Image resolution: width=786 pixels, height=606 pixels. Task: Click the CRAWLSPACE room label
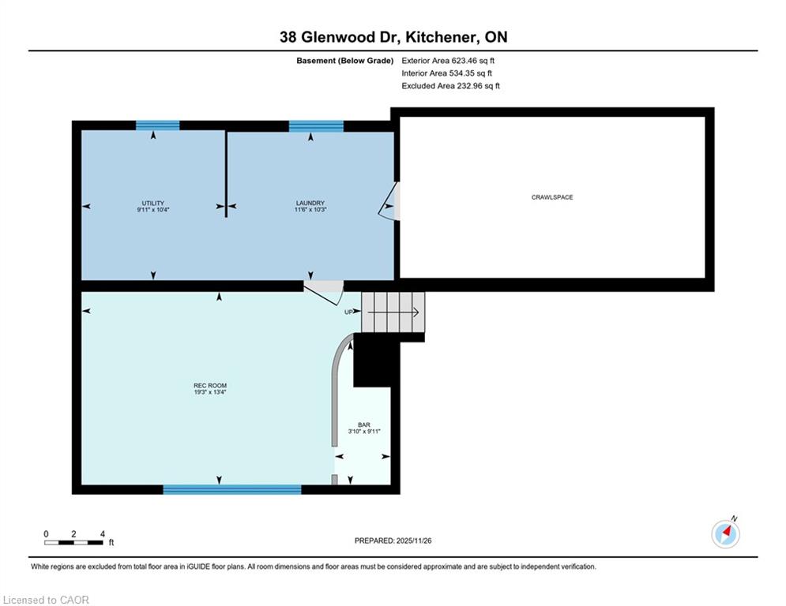(x=552, y=197)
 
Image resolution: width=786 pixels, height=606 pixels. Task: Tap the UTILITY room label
(x=153, y=204)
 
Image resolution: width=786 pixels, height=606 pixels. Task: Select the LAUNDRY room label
(x=310, y=204)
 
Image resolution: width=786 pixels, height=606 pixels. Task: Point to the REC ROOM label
(x=210, y=386)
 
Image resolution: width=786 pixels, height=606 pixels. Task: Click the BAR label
(x=364, y=425)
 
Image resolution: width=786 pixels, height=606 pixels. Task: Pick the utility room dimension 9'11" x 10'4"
(x=153, y=210)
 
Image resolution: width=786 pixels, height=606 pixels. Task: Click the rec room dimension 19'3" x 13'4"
(x=210, y=392)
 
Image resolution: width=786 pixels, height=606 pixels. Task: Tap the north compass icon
(x=725, y=534)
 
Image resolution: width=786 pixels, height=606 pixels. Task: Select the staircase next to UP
(x=393, y=312)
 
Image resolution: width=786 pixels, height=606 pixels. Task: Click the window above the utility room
(x=158, y=125)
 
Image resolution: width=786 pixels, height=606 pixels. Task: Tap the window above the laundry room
(x=316, y=125)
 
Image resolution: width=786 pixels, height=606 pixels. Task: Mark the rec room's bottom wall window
(x=232, y=489)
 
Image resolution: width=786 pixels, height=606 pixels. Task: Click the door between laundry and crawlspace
(x=389, y=201)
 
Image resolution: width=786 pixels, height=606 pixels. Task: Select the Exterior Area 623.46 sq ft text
(x=448, y=61)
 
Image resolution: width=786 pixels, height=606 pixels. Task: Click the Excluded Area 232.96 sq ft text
(x=450, y=86)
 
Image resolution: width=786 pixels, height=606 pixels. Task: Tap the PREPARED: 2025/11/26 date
(x=393, y=541)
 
